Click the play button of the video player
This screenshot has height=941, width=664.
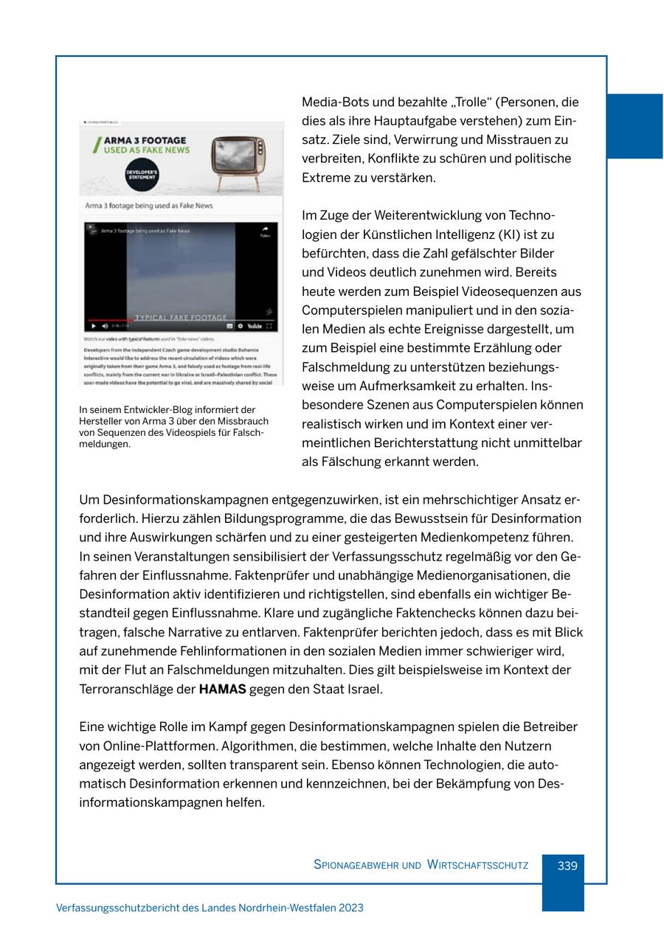click(93, 325)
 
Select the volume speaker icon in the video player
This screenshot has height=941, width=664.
click(105, 325)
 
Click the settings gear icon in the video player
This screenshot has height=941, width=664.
click(241, 325)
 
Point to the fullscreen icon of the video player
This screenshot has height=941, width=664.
click(269, 325)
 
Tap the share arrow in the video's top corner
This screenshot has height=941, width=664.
click(265, 232)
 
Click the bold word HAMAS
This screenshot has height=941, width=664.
click(222, 690)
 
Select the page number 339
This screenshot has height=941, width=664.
click(567, 866)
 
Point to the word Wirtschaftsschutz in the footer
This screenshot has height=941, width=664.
click(477, 866)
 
